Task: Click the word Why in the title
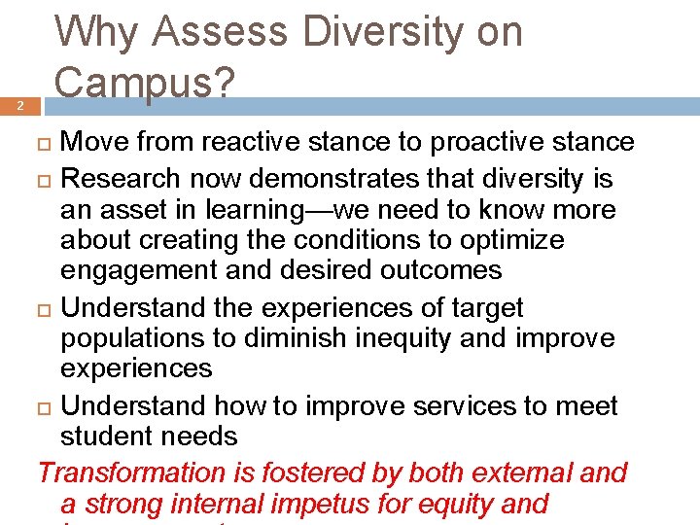[x=96, y=33]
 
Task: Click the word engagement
[x=138, y=270]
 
